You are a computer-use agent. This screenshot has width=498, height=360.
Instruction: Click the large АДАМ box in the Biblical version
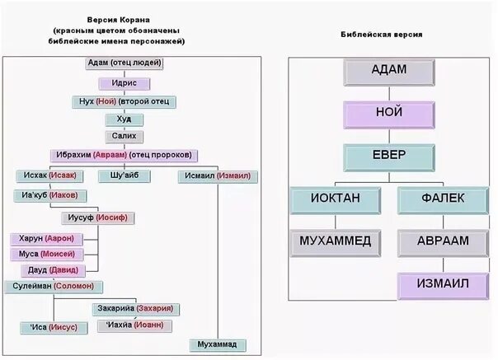(x=388, y=71)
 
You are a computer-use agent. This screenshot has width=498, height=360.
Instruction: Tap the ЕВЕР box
(x=388, y=157)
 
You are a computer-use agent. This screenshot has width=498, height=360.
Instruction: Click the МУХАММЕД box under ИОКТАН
(x=335, y=242)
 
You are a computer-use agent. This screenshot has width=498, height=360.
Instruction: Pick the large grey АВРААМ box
(x=444, y=242)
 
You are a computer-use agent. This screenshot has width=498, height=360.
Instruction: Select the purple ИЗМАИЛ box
(x=444, y=285)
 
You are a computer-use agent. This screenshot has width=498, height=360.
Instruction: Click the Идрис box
(x=124, y=83)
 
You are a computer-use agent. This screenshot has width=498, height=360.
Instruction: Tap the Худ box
(x=124, y=119)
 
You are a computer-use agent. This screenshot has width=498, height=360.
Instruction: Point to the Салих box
(x=124, y=137)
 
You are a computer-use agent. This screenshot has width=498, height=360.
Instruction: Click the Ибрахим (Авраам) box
(x=124, y=155)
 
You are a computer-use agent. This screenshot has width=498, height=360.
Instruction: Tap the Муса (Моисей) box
(x=49, y=254)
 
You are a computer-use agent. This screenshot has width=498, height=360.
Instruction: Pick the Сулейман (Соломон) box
(x=53, y=286)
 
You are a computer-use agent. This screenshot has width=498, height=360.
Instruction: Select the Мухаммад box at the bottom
(x=217, y=344)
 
